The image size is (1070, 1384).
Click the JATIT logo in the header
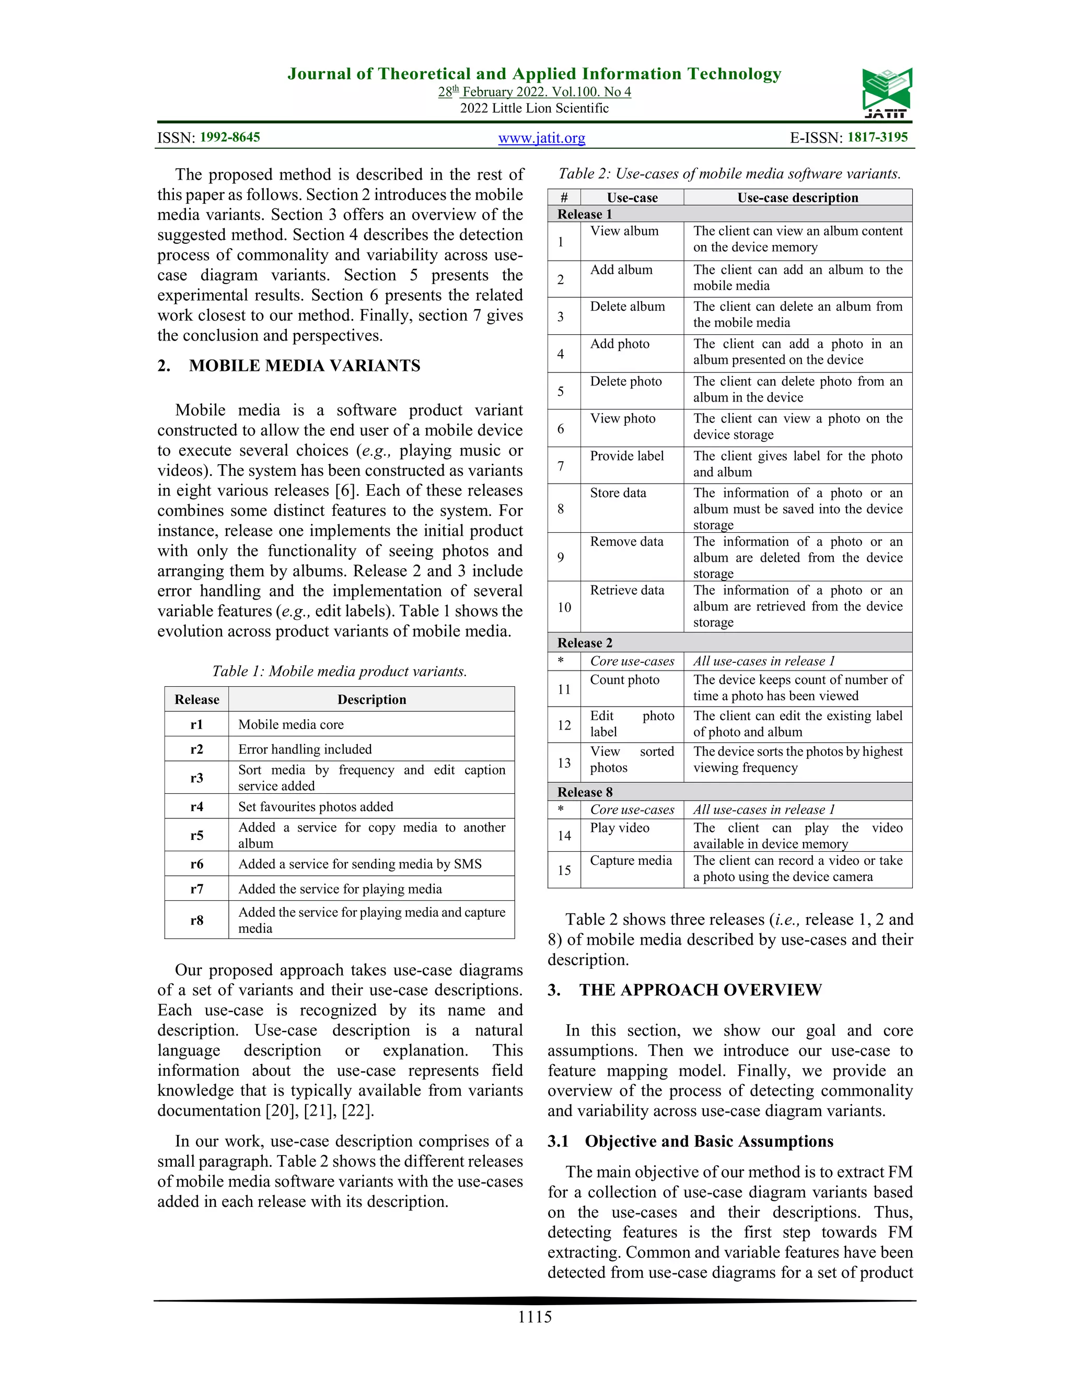pos(886,93)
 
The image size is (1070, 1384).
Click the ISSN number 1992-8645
pos(229,137)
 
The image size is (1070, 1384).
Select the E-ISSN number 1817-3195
pos(877,137)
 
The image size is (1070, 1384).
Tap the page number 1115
pos(534,1317)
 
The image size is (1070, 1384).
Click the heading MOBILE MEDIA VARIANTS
pos(304,366)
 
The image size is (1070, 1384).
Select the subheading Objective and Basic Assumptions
pos(708,1141)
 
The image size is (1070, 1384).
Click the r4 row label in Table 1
pos(196,807)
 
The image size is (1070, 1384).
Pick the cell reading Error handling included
pos(305,749)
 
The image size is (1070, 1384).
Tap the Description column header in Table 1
pos(371,700)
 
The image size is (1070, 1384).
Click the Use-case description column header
pos(797,198)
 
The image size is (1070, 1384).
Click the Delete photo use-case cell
pos(625,381)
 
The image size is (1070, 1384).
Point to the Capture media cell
pos(631,861)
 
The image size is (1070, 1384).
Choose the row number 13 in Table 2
pos(564,763)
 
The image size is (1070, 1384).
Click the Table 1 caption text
pos(339,671)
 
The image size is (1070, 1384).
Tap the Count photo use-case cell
pos(624,680)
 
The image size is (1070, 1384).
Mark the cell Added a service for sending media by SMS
pos(359,864)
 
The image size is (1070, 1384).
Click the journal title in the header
pos(534,74)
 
